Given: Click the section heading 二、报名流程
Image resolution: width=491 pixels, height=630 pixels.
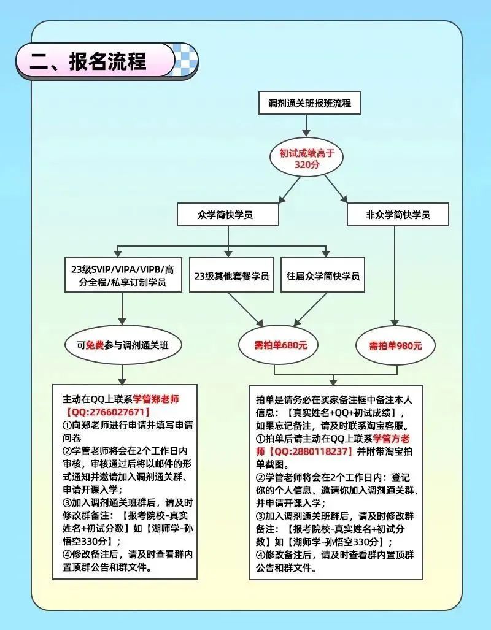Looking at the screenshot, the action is tap(88, 61).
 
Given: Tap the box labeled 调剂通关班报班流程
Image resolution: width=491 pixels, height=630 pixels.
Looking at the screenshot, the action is tap(309, 103).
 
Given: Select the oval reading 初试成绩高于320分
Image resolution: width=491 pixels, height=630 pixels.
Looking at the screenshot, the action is tap(306, 158).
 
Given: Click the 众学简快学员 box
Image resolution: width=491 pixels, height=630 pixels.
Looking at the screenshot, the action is tap(228, 215).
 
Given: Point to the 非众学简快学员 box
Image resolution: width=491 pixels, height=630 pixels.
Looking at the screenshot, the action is tap(398, 215).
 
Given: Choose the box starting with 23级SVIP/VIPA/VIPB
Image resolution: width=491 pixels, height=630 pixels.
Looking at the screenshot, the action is tap(123, 275).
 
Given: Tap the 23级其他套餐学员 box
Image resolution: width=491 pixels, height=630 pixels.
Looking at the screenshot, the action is tap(231, 275).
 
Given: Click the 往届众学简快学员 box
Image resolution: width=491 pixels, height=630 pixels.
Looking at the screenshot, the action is tap(323, 275).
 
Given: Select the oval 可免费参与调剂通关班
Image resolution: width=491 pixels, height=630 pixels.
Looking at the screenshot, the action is tap(123, 345).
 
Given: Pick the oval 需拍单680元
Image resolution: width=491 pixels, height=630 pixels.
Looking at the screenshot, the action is tap(279, 345).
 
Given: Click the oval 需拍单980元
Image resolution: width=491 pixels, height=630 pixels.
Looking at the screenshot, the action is tap(396, 345).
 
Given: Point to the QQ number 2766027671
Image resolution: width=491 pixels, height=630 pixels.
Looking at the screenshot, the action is tap(108, 412).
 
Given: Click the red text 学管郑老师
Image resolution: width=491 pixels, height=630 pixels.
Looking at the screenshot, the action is tap(156, 399).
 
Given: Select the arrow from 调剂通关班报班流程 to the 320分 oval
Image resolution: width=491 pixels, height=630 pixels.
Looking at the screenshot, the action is tap(306, 126).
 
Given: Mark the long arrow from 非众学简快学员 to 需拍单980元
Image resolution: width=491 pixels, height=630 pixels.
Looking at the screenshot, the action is tap(395, 276).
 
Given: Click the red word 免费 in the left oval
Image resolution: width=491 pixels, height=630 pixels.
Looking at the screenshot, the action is tap(95, 345).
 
